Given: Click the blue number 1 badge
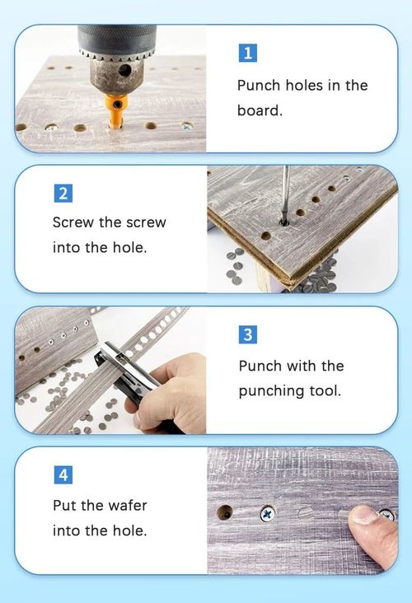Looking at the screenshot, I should [247, 54].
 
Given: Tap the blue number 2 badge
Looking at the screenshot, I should [63, 194].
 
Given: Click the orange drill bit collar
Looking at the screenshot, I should [116, 108].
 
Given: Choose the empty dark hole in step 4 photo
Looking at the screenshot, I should [225, 512].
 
